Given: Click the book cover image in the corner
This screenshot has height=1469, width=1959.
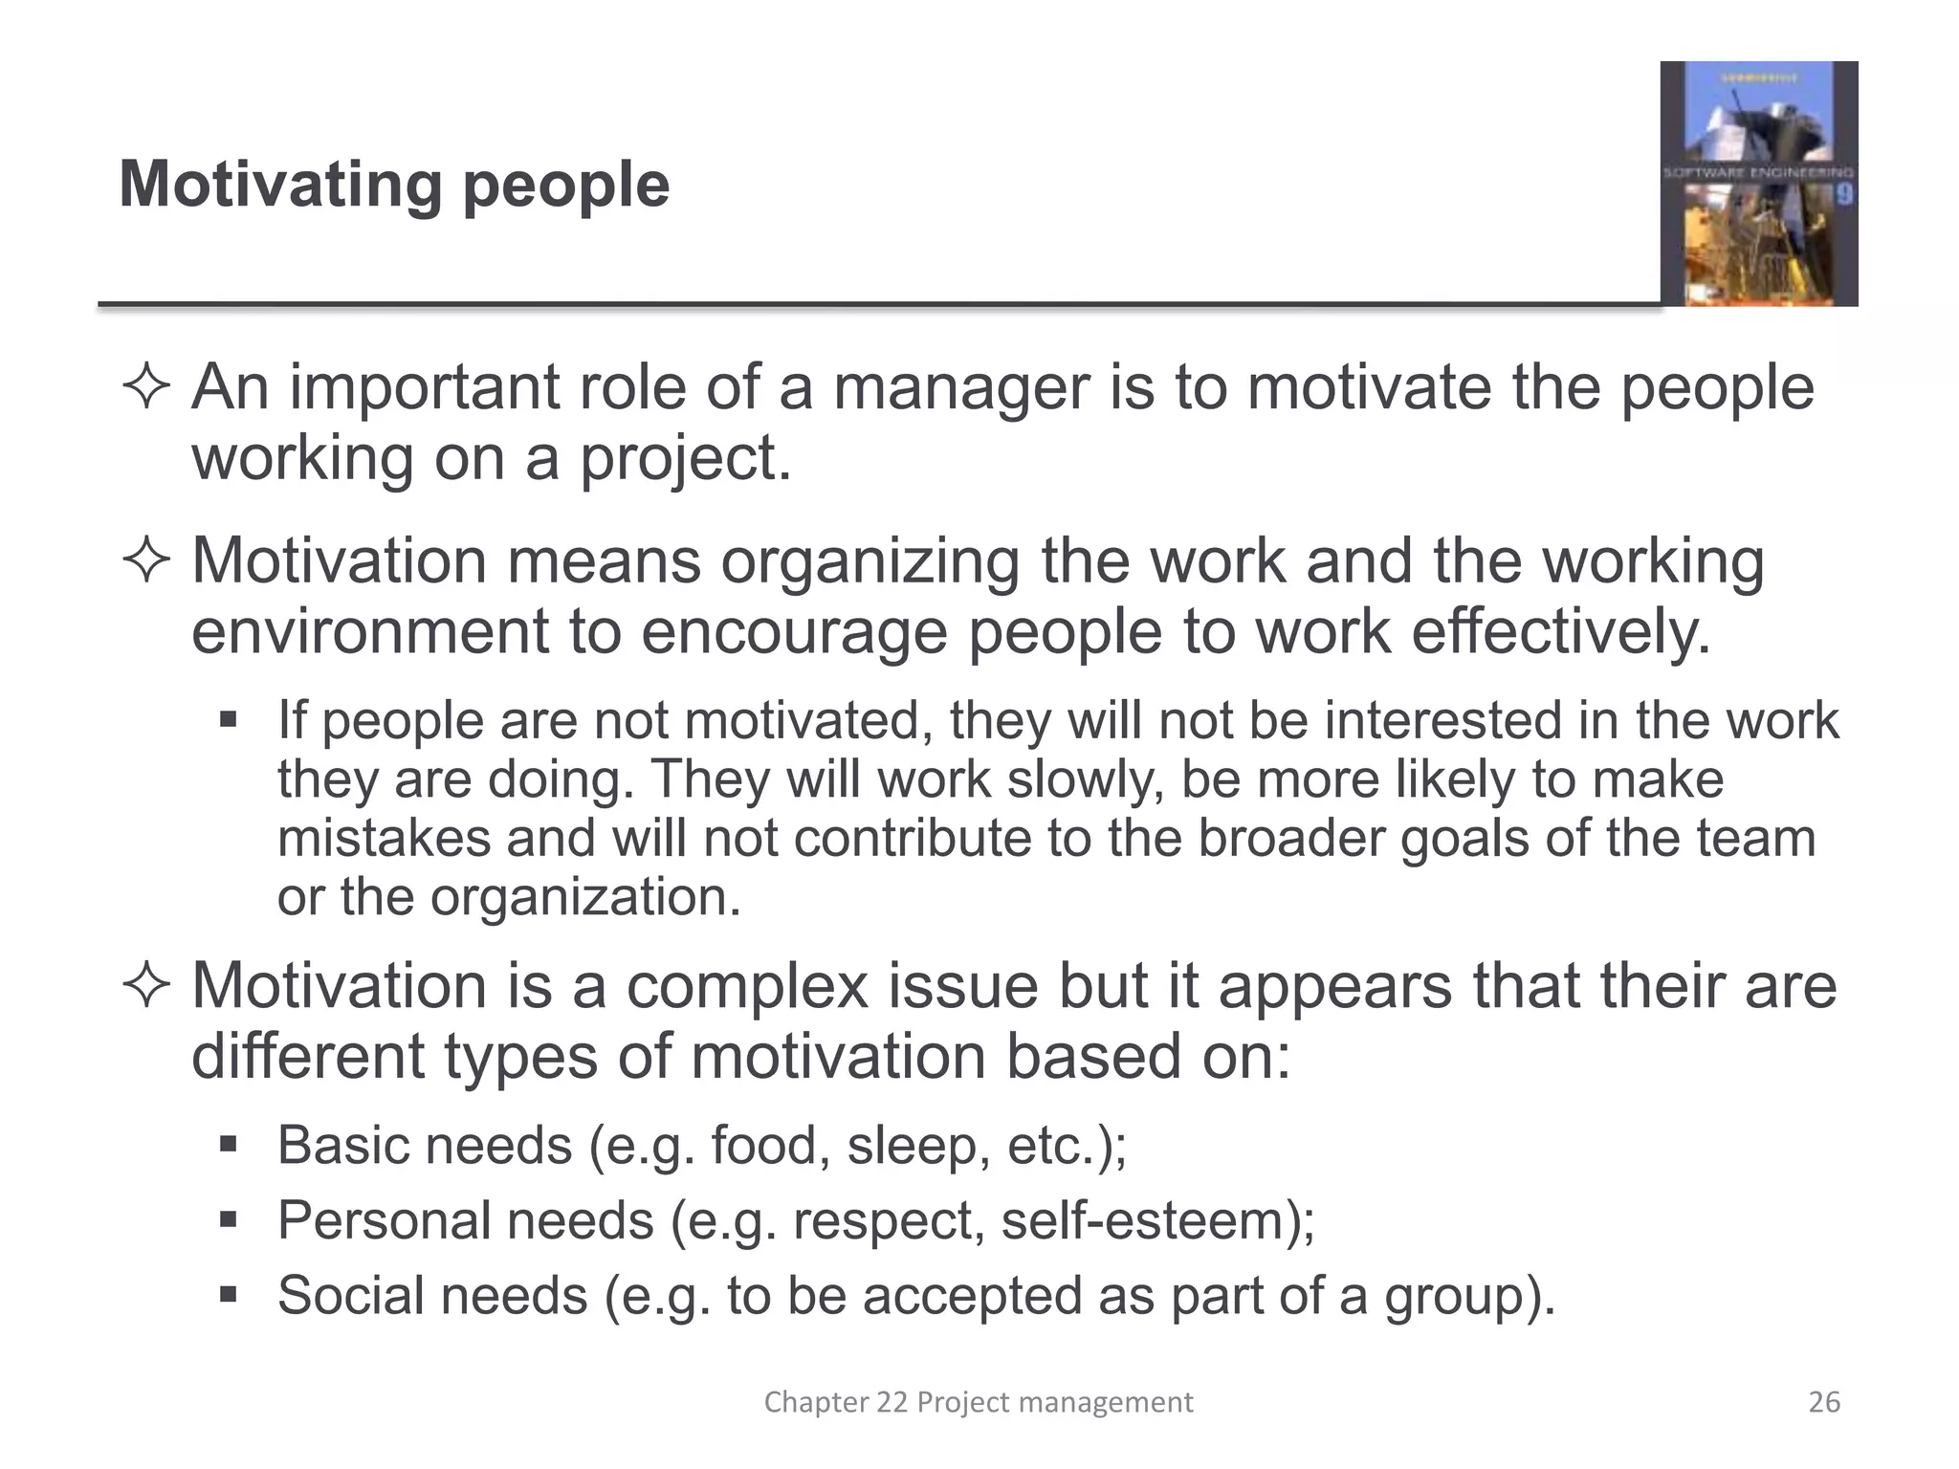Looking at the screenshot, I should click(1758, 184).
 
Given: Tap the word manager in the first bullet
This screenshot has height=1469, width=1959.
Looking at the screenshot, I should click(961, 388).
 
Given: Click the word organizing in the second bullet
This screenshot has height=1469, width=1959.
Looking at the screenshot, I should click(870, 561).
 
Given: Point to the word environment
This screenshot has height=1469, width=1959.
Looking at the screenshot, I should click(370, 632).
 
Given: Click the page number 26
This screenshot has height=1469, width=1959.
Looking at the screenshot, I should click(1824, 1402).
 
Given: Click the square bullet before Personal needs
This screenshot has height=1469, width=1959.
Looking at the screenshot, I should click(228, 1220).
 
